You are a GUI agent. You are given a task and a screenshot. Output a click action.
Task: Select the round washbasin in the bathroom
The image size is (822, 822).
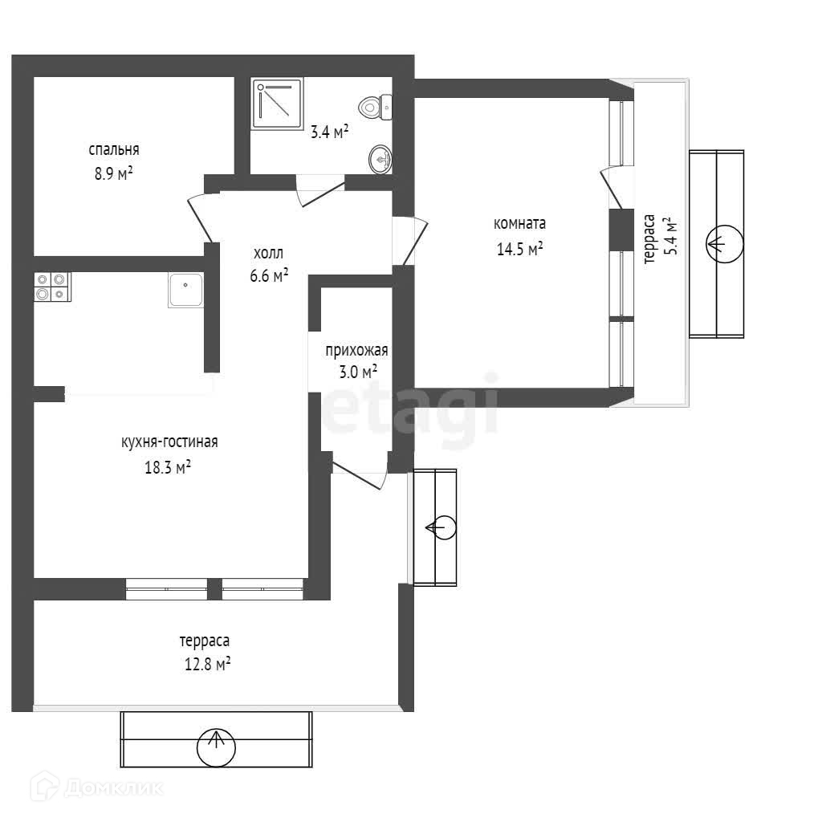point(380,160)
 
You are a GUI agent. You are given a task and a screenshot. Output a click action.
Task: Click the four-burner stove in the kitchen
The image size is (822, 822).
point(52,287)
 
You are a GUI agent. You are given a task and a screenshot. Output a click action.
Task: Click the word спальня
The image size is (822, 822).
point(114,149)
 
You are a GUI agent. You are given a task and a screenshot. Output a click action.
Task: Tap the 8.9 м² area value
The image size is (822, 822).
point(114,173)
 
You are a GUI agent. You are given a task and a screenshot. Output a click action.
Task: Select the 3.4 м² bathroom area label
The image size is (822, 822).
point(329,132)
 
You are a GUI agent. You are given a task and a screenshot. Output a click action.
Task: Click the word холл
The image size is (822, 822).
point(268,253)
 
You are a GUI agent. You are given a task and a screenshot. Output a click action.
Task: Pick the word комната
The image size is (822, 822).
point(519,224)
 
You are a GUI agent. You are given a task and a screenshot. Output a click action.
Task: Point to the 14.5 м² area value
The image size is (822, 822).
point(519,249)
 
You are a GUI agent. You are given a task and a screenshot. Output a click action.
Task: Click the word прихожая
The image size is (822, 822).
point(356,350)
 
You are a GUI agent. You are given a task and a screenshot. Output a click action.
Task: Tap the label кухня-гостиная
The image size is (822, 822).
point(169,442)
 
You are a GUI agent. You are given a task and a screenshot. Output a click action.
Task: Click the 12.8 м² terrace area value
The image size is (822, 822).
point(205,664)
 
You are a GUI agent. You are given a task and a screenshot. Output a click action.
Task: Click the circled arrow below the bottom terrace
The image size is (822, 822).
point(216,747)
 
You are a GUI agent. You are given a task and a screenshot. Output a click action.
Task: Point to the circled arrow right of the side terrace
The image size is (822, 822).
point(724,243)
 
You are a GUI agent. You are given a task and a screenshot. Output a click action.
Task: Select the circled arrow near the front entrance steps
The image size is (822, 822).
point(440,527)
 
